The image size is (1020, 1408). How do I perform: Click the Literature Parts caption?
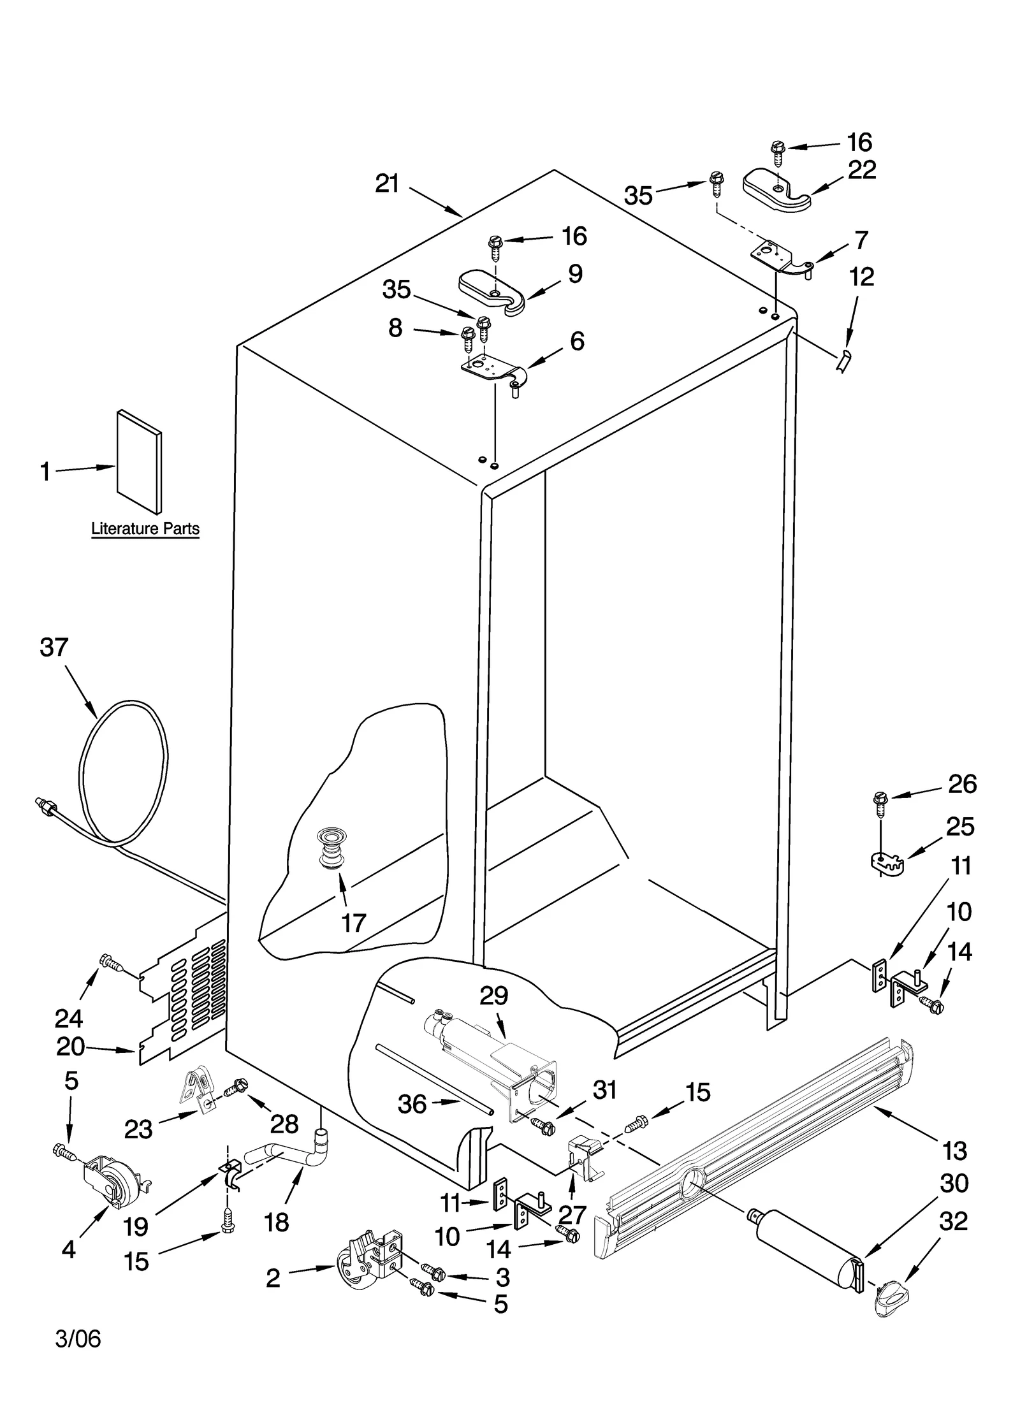(145, 528)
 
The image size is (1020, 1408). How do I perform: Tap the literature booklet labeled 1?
(139, 461)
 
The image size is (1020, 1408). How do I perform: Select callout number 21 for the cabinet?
(387, 184)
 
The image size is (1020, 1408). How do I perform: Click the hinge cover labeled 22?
(776, 189)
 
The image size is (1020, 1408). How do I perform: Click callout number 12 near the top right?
(862, 277)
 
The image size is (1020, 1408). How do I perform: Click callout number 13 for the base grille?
(954, 1150)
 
